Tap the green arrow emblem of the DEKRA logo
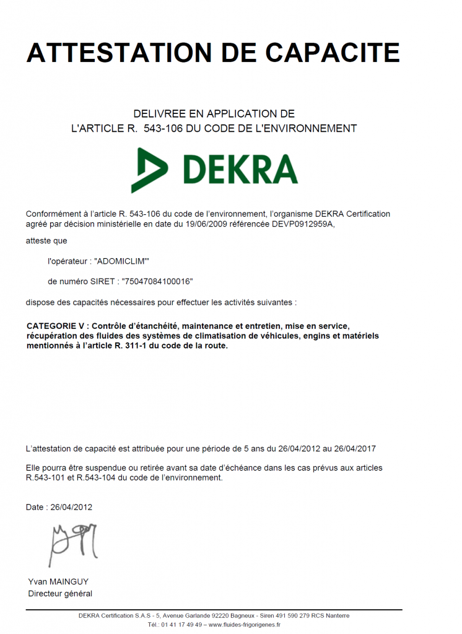tap(151, 170)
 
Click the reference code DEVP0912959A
tap(303, 224)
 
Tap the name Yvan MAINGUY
tap(58, 582)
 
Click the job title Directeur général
tap(60, 594)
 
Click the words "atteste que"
tap(46, 241)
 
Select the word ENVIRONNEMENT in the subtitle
tap(312, 129)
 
